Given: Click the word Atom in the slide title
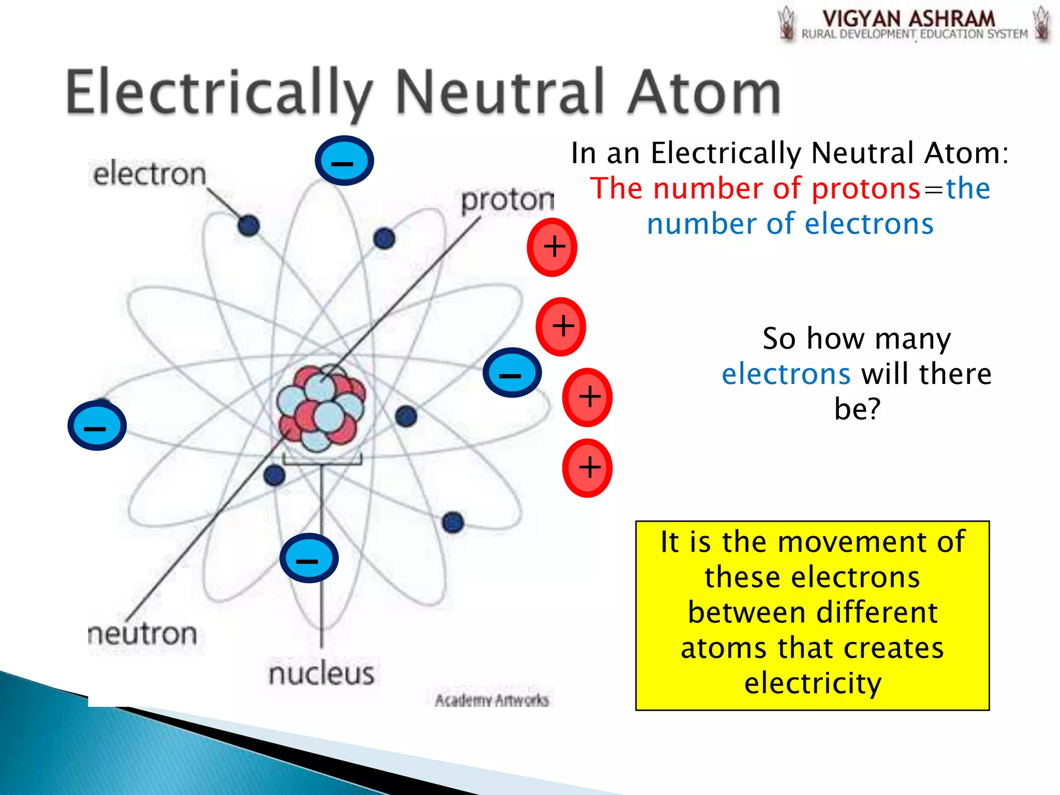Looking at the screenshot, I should tap(704, 93).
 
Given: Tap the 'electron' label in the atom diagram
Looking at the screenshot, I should tap(150, 174).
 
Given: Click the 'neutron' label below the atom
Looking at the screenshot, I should tap(143, 634).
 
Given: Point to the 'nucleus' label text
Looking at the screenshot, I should tap(321, 673).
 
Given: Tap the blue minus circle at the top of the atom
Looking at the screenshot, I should tap(344, 161).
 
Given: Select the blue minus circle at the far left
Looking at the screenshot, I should tap(97, 425).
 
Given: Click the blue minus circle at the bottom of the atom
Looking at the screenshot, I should tap(308, 558).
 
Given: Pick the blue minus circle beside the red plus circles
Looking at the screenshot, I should tap(512, 373).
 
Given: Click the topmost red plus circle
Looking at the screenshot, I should tap(552, 247).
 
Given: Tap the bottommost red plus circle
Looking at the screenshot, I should tap(587, 468).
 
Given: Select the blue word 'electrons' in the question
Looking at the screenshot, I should tap(786, 374).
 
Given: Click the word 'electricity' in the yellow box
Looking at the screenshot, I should tap(813, 683).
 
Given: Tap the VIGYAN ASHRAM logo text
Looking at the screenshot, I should tap(908, 20).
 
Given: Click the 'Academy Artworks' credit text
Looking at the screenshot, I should tap(492, 700).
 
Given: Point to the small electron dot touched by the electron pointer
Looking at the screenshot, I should tap(248, 226).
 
